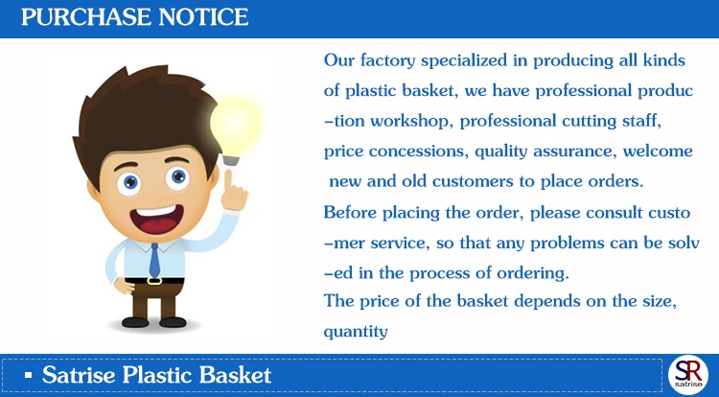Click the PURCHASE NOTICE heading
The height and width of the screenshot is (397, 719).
pos(135,17)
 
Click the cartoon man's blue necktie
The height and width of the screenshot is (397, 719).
pos(154,259)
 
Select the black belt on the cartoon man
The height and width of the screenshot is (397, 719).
pos(153,280)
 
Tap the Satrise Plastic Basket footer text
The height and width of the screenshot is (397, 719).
pos(156,375)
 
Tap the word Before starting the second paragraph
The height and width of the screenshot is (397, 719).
pos(351,212)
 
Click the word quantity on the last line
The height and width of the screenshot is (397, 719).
pos(356,332)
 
